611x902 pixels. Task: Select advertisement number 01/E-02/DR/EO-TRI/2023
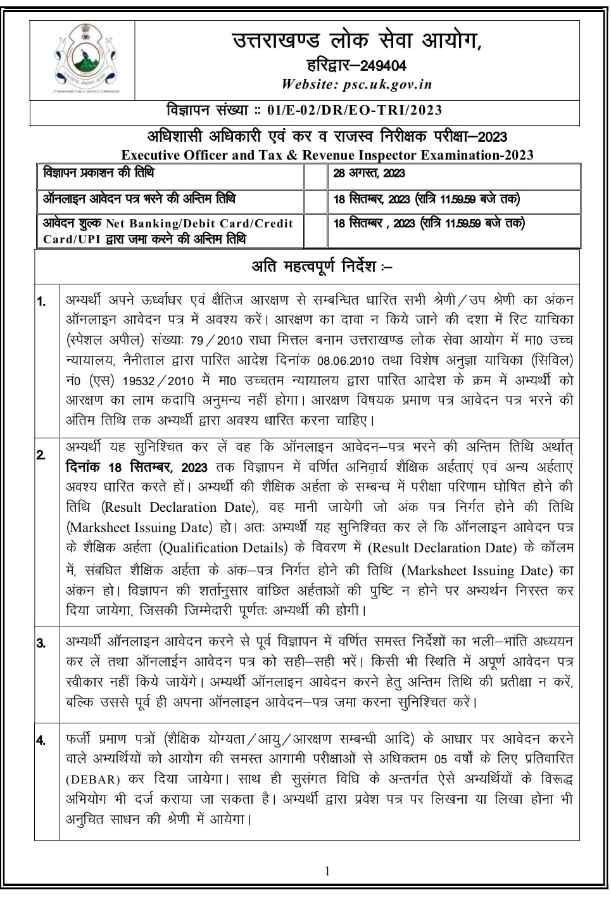coord(355,110)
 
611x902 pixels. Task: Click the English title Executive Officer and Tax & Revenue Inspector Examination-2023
coord(327,155)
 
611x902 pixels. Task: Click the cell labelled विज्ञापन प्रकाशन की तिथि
coord(98,173)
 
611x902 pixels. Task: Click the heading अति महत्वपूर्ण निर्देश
coord(321,267)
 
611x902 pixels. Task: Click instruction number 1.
coord(41,302)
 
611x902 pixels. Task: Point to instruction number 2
coord(41,455)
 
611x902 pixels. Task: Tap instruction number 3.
coord(41,644)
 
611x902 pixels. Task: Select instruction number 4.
coord(41,740)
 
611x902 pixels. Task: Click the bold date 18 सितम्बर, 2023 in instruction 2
coord(137,467)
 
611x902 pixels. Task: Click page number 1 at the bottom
coord(327,871)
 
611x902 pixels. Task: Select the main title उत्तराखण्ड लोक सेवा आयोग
coord(356,42)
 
